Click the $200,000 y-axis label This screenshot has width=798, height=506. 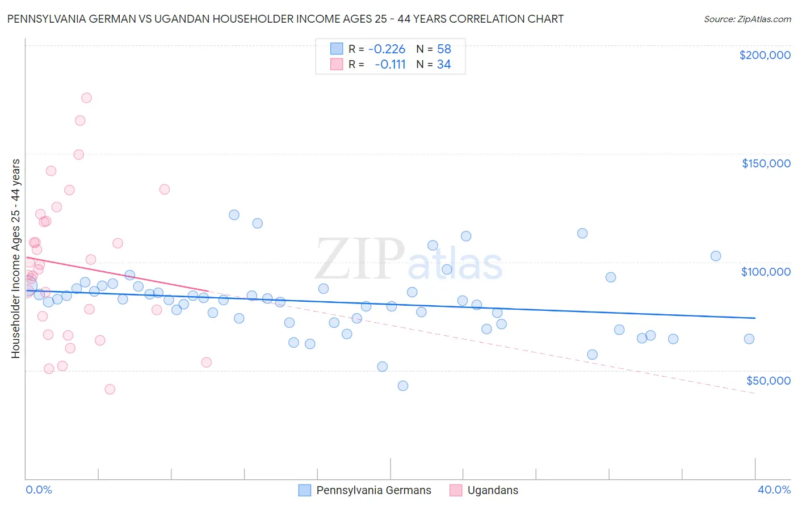pos(765,55)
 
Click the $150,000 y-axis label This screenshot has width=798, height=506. pos(766,163)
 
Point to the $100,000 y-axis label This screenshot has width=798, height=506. pos(766,272)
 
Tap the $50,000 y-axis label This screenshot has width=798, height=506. pos(768,380)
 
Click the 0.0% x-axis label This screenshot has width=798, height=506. pos(39,490)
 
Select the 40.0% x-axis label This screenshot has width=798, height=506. pos(774,490)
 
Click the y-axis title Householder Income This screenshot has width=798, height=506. pos(15,259)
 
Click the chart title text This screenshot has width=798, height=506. pos(285,19)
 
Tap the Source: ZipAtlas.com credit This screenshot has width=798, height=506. pos(747,19)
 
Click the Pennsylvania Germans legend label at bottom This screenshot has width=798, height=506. pos(373,490)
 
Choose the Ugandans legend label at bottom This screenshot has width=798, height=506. pos(493,490)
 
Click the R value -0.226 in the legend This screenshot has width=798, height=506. pos(387,49)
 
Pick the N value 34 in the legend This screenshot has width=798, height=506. pos(444,65)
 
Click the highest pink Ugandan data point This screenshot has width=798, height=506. pos(86,98)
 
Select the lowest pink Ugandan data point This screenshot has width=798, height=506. pos(110,389)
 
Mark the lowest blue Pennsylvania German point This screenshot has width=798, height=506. pos(403,386)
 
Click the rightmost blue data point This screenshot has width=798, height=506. pos(749,339)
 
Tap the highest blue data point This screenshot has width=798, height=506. pos(234,215)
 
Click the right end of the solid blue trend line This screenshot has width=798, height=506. pos(755,318)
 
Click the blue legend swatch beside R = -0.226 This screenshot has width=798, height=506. pos(337,49)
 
